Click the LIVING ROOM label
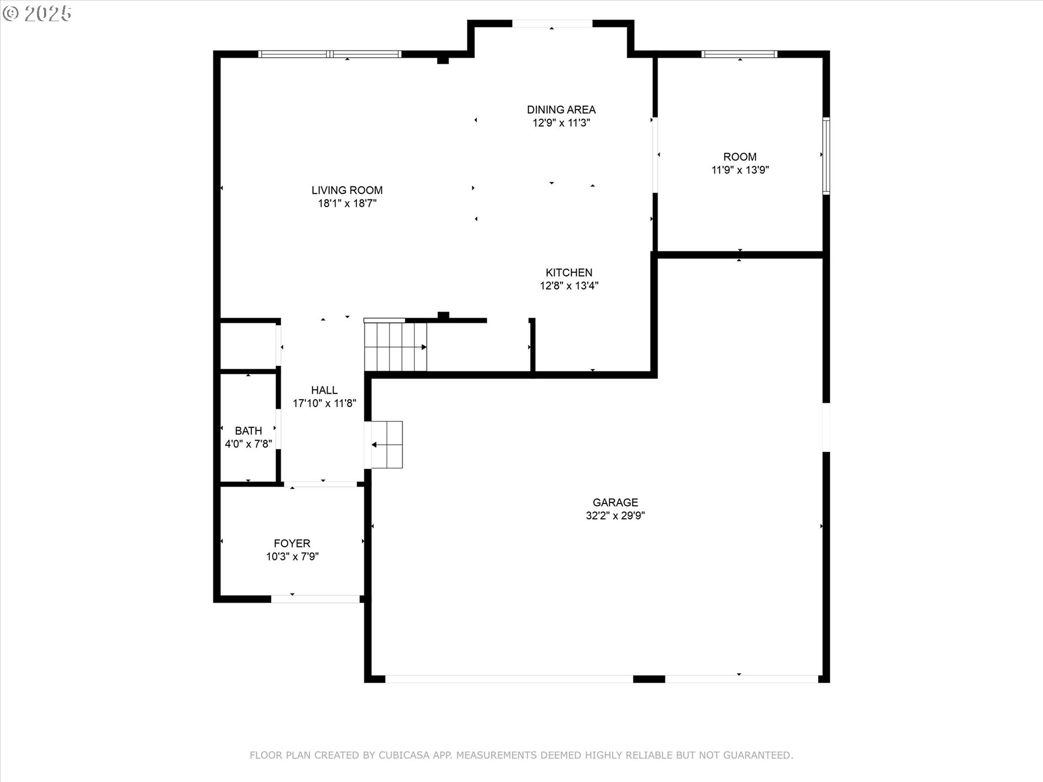point(347,190)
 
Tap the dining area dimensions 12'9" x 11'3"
point(561,123)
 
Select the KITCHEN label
point(569,272)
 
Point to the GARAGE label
point(615,502)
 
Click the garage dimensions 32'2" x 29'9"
point(615,515)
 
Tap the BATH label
point(248,431)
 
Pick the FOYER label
point(292,543)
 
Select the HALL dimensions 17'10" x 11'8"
point(324,403)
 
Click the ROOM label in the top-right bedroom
point(739,156)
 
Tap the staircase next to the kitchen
point(395,346)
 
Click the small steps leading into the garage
point(387,444)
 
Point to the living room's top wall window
point(330,54)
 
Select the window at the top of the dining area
point(551,23)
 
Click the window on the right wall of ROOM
point(826,156)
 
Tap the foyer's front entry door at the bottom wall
point(315,598)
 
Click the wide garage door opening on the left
point(509,679)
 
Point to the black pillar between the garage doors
point(649,679)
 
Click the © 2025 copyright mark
point(37,14)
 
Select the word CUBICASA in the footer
point(404,755)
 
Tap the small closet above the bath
point(248,346)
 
